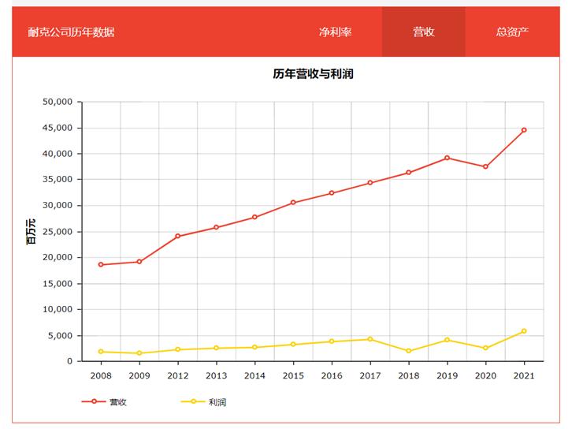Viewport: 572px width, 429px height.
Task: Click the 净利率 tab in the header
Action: click(x=335, y=32)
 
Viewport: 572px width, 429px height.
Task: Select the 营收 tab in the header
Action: click(x=424, y=32)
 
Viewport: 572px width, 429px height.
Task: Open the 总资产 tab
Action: click(x=512, y=32)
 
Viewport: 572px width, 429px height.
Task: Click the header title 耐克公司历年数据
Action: click(x=71, y=32)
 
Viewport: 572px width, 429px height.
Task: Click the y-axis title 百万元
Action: click(x=31, y=232)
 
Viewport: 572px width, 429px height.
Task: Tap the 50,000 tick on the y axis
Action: click(x=57, y=102)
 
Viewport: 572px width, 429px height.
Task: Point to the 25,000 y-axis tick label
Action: click(x=57, y=232)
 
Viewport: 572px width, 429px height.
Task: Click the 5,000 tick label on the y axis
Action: click(x=59, y=336)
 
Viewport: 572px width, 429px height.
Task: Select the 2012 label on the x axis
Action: click(x=178, y=375)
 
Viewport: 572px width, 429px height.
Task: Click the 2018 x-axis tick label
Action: click(x=409, y=375)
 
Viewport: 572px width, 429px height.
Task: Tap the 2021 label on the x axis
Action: click(x=524, y=375)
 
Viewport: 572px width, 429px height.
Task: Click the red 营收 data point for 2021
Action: click(x=524, y=130)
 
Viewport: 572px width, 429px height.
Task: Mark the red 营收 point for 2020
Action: click(x=485, y=166)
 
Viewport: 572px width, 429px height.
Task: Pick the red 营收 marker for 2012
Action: click(x=178, y=236)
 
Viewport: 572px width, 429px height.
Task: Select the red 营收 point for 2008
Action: click(x=101, y=264)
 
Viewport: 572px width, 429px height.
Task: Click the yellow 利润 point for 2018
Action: click(x=409, y=351)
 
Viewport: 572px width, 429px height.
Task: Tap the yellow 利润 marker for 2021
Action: click(x=524, y=331)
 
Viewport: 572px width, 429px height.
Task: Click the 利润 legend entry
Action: click(x=204, y=401)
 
